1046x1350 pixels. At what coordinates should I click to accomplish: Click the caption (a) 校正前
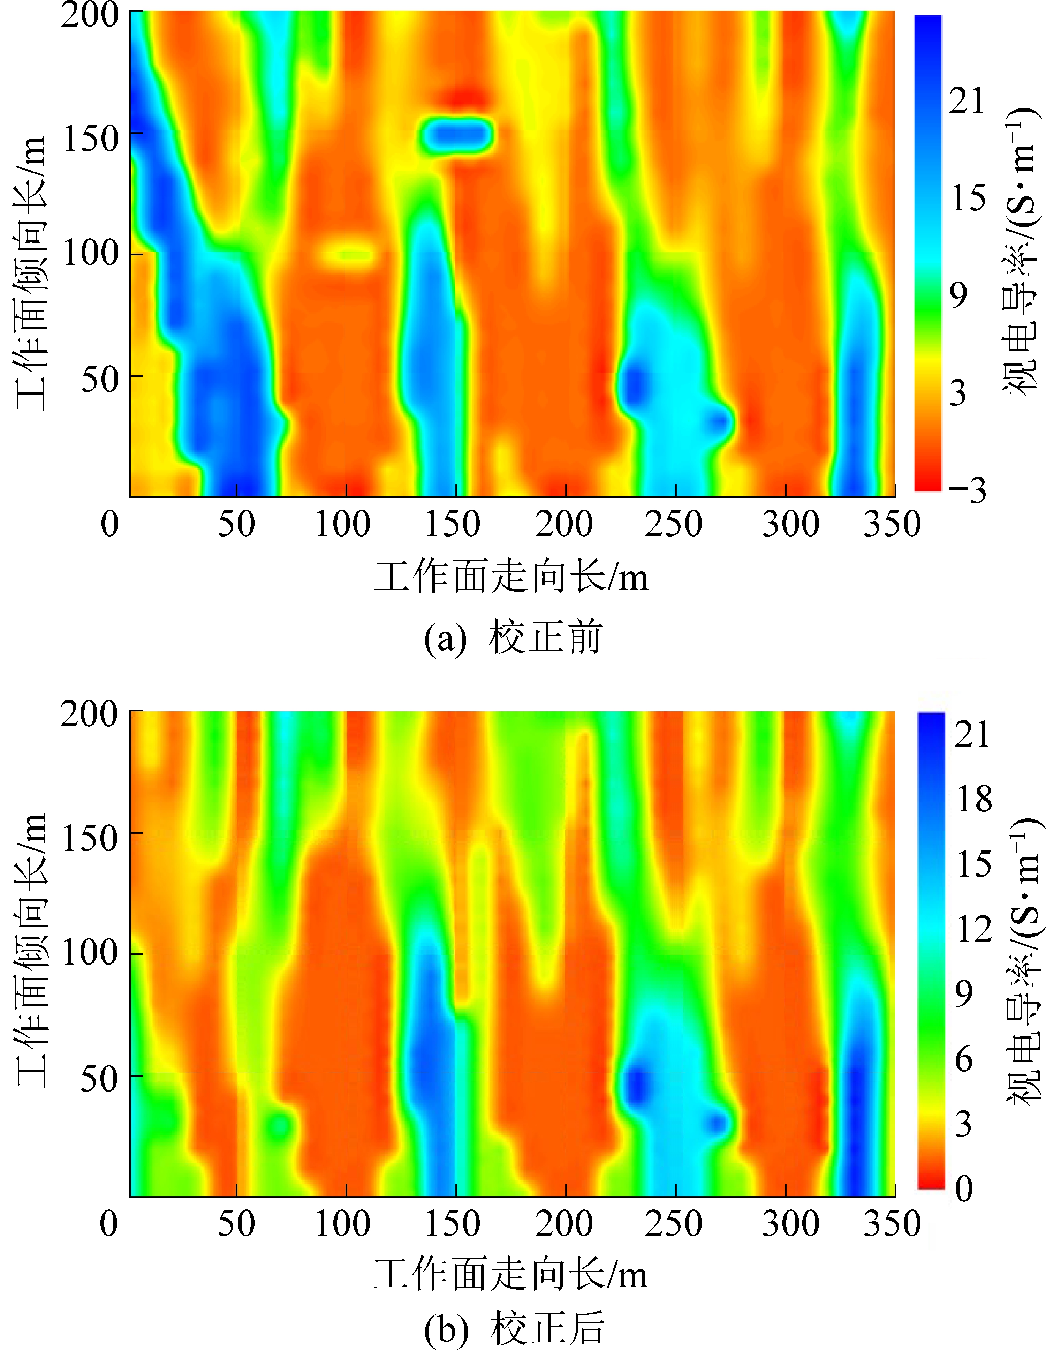(x=513, y=638)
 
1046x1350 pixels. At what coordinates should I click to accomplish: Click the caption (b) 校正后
(x=514, y=1328)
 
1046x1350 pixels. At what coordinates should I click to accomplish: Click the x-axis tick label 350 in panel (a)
(x=892, y=524)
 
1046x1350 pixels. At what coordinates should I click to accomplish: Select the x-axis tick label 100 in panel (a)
(x=343, y=524)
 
